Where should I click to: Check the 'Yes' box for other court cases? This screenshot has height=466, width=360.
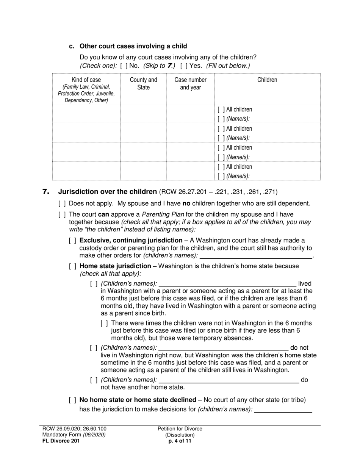point(184,66)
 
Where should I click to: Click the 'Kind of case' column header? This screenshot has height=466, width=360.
point(86,80)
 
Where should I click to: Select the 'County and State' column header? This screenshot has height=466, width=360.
point(143,83)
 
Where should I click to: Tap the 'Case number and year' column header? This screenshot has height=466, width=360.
point(190,83)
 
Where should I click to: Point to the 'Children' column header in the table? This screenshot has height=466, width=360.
point(267,80)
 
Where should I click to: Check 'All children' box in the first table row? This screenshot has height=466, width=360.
point(221,110)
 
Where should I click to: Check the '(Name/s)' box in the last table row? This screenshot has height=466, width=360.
point(221,176)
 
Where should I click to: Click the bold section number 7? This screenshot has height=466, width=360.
point(46,192)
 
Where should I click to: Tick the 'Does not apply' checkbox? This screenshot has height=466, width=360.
point(62,204)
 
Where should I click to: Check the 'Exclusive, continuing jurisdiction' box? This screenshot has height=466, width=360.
point(73,241)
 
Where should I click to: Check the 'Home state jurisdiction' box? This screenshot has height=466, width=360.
point(73,266)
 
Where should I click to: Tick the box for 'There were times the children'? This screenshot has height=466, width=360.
point(105,323)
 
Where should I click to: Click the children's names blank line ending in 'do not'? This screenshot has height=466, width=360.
point(223,348)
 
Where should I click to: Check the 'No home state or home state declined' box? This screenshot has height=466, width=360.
point(73,400)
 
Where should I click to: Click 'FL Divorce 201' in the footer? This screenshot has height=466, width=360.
point(61,441)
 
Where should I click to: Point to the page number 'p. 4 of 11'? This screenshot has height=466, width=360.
point(180,441)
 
